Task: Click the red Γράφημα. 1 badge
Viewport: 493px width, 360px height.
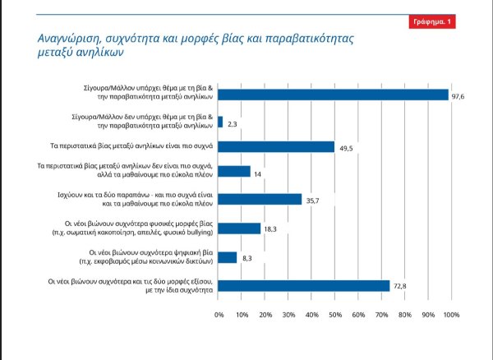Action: point(431,21)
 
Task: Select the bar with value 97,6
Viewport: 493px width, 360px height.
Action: point(333,95)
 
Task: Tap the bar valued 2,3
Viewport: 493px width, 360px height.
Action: point(220,121)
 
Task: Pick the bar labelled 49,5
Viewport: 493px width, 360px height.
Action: point(276,146)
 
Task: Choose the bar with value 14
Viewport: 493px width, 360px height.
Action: point(234,172)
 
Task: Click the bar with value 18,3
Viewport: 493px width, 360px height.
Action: point(239,228)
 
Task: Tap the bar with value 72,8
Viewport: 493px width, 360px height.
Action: point(303,284)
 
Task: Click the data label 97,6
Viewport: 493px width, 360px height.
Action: point(459,95)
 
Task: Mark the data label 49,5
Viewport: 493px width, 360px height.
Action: point(348,147)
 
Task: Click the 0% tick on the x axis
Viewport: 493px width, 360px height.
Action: point(219,315)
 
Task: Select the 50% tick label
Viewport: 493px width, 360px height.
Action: point(335,315)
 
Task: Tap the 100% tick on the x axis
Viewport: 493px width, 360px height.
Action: point(450,315)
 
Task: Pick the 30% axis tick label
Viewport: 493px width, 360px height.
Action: point(288,315)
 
